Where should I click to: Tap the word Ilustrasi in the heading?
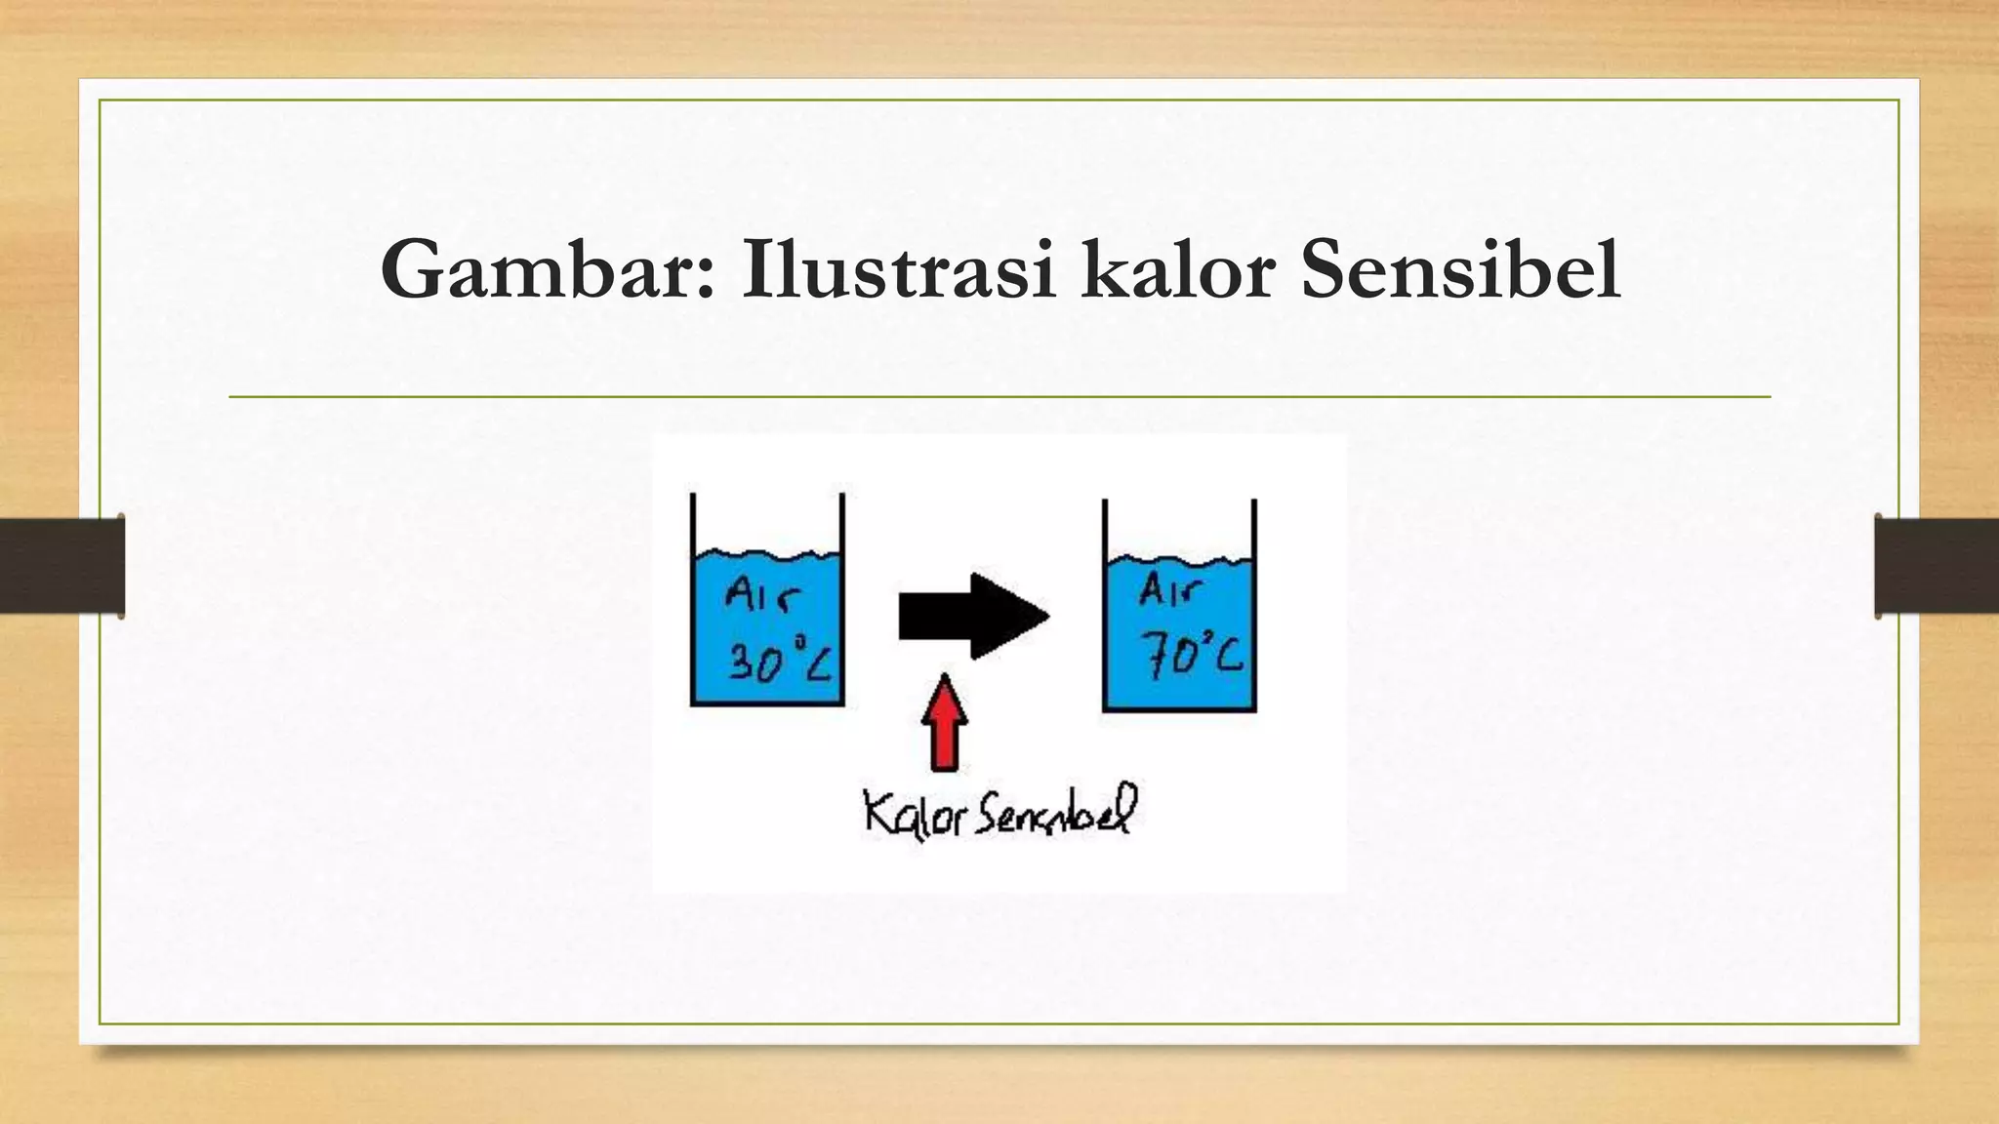point(898,269)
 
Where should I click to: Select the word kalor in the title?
point(1177,269)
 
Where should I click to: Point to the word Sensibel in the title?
point(1460,269)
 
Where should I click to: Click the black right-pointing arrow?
point(973,617)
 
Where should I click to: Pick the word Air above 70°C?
point(1169,588)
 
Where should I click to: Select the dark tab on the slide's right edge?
point(1937,566)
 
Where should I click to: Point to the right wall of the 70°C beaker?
point(1254,605)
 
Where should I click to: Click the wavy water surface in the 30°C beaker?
point(767,557)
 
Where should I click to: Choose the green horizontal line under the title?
point(999,397)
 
